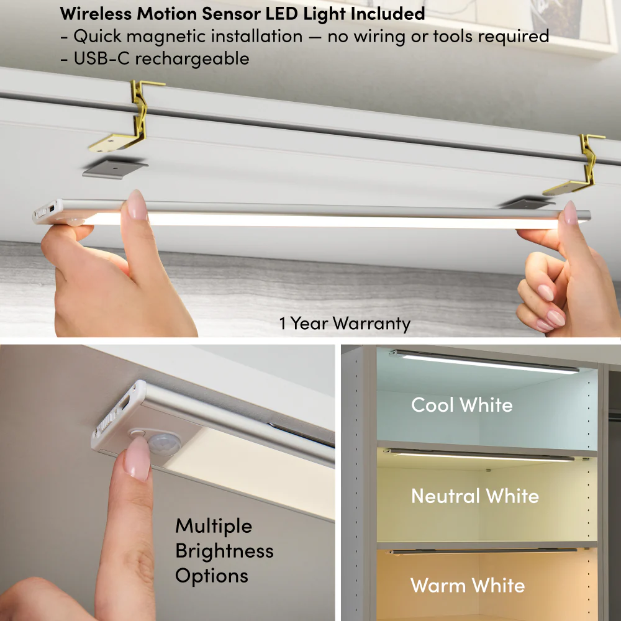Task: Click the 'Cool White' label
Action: click(461, 405)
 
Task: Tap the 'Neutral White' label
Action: click(475, 496)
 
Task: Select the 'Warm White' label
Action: click(468, 586)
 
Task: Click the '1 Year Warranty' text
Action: click(345, 324)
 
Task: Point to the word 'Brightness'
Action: click(224, 551)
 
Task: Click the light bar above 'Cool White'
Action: click(484, 362)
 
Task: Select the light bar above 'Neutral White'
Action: click(478, 456)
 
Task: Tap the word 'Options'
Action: click(212, 576)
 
